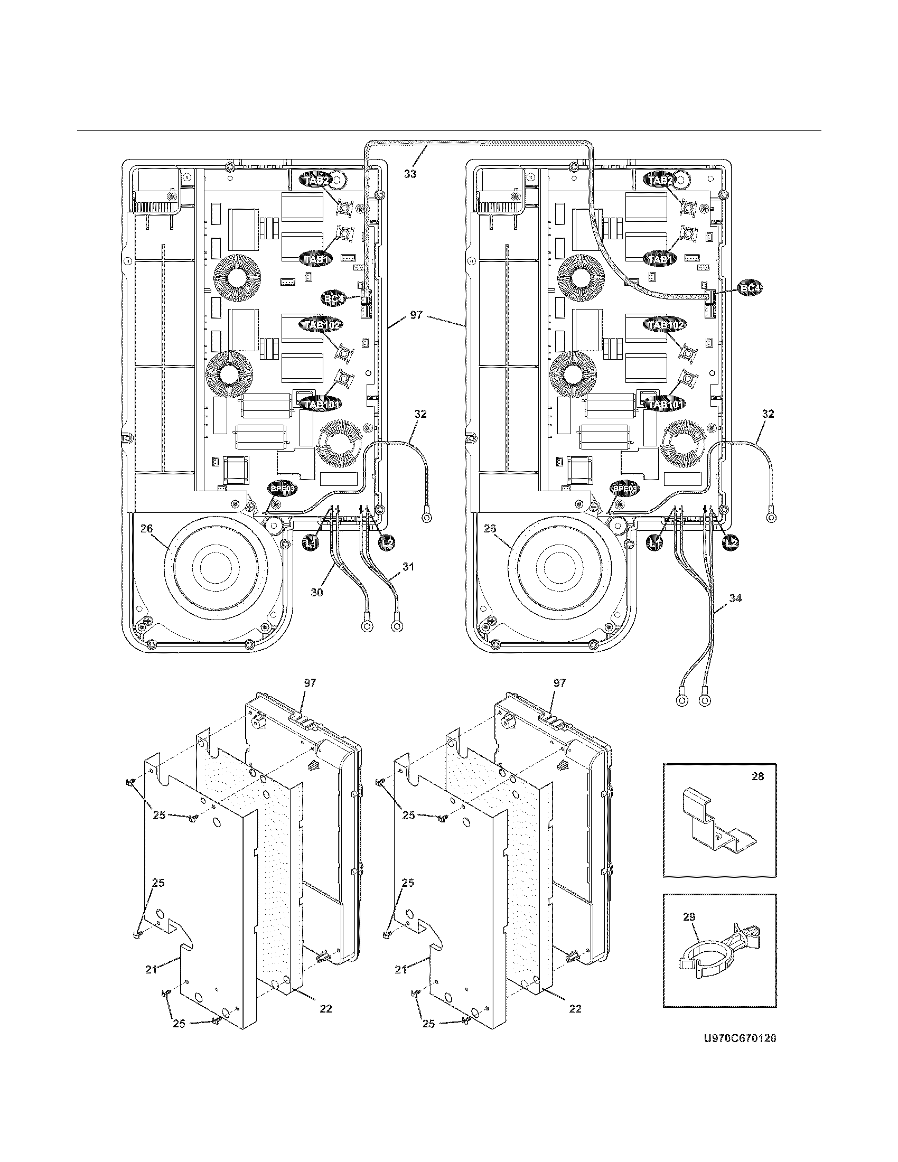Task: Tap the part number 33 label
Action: pos(409,174)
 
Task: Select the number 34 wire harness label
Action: pos(735,598)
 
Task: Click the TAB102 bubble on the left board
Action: pos(321,324)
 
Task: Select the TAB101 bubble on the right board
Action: pos(665,405)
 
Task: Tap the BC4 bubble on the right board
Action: pos(750,288)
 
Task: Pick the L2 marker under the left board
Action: pos(387,542)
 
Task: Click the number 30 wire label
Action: pos(316,592)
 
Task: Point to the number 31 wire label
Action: pos(408,567)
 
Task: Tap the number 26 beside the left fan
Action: pos(147,528)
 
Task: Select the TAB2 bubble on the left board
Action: pos(316,180)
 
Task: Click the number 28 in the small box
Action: pos(757,776)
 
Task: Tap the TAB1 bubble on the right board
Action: pos(660,259)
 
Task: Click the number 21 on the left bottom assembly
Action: pos(151,969)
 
